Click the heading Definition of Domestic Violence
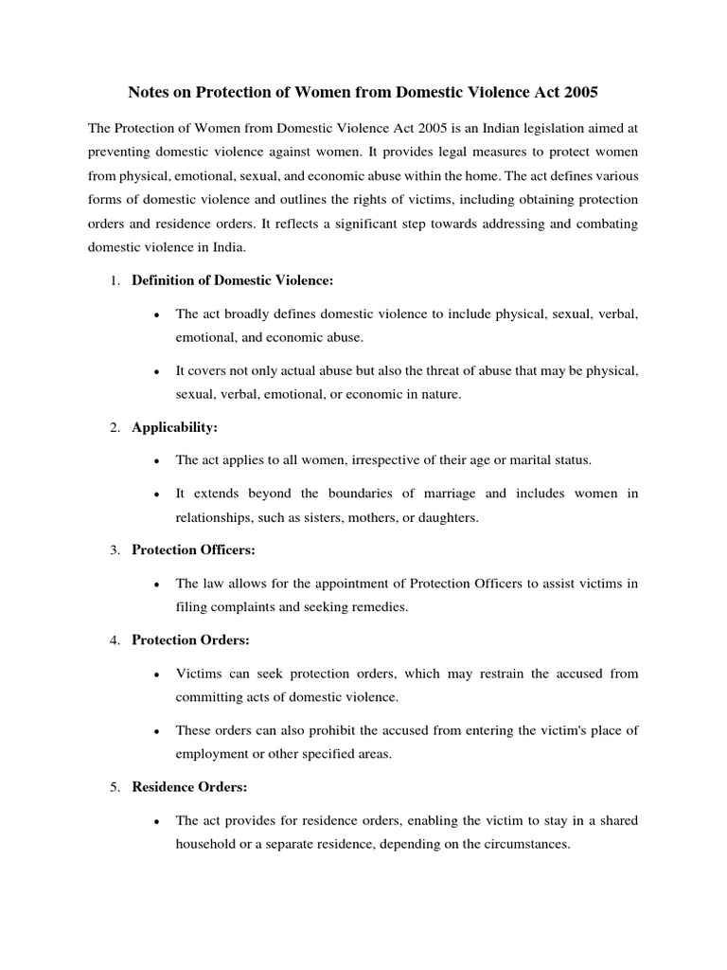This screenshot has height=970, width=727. [232, 280]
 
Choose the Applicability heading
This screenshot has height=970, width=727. [174, 427]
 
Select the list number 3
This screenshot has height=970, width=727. [113, 550]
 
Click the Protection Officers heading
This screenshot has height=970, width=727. [193, 550]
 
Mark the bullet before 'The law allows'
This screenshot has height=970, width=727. [153, 584]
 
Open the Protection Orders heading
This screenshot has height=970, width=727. [190, 640]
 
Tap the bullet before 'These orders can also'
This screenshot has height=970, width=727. [153, 730]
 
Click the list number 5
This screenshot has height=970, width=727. [113, 787]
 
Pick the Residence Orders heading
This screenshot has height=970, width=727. [188, 787]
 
